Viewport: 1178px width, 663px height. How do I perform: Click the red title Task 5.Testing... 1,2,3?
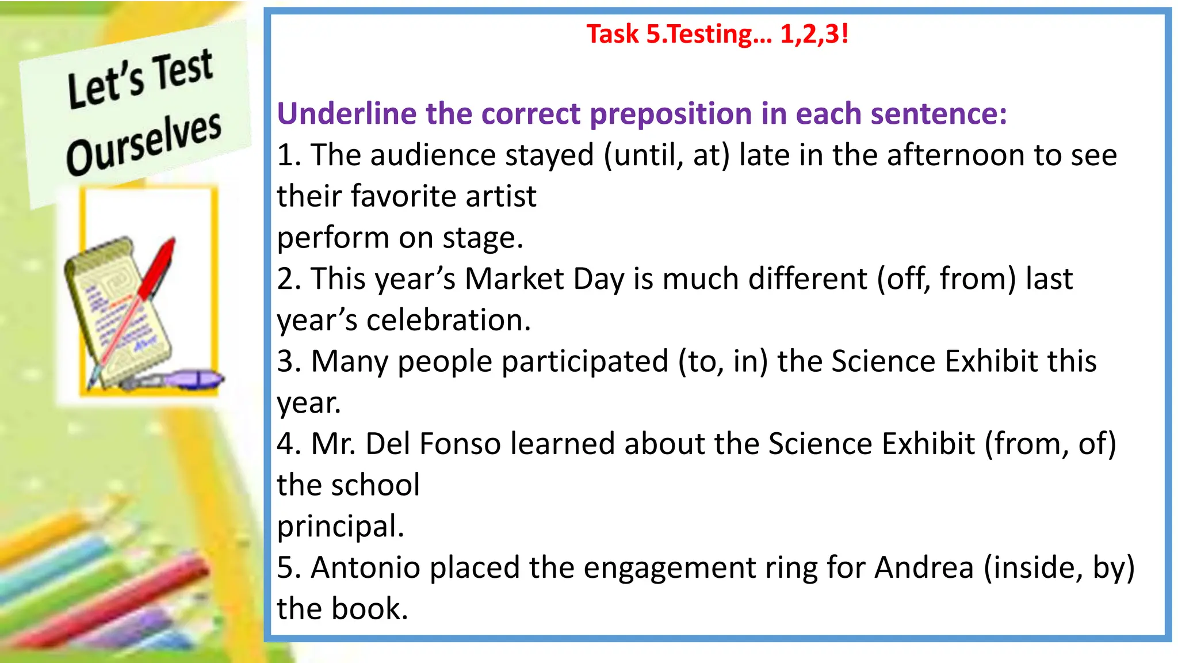click(x=717, y=34)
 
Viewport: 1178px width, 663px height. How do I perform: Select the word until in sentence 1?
click(x=647, y=155)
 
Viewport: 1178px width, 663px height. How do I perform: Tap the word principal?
click(x=341, y=527)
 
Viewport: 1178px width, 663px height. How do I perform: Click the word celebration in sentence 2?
click(x=448, y=321)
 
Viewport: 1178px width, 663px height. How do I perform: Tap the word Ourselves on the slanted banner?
click(x=144, y=144)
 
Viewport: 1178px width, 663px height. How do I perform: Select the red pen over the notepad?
click(x=155, y=270)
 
